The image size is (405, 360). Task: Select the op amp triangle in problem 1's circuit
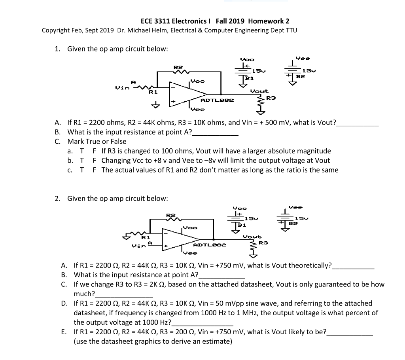coord(186,94)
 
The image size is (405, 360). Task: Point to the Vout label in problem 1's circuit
coord(259,91)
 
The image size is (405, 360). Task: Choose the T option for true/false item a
coord(81,151)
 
